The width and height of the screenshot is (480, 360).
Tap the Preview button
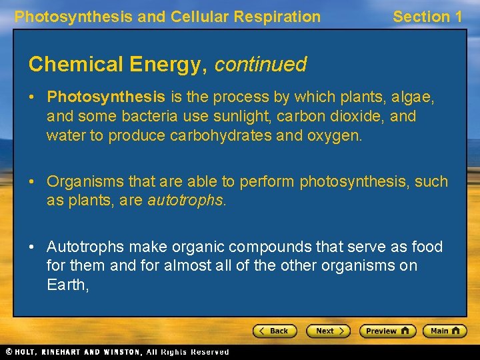pyautogui.click(x=387, y=331)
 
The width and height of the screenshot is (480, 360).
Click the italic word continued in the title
pyautogui.click(x=260, y=65)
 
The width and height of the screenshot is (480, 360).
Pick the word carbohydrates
pyautogui.click(x=222, y=135)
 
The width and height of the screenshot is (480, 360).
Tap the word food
pyautogui.click(x=426, y=247)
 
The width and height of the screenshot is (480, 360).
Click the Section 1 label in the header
pyautogui.click(x=427, y=17)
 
